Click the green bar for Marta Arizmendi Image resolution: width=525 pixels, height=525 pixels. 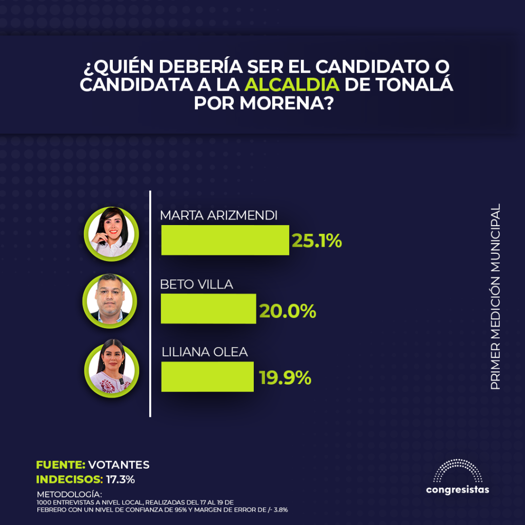(x=225, y=240)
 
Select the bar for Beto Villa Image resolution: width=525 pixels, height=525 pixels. (x=208, y=309)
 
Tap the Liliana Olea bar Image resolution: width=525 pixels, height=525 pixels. (x=207, y=377)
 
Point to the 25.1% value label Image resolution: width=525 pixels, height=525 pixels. (x=316, y=240)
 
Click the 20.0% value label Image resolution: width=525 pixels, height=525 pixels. (x=287, y=310)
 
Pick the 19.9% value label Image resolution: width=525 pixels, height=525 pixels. (x=285, y=378)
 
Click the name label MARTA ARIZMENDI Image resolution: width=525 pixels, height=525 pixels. (x=219, y=216)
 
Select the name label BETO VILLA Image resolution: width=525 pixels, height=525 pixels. (x=197, y=285)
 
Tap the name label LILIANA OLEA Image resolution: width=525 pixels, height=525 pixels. (x=205, y=352)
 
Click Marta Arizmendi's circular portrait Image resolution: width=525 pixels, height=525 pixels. (x=111, y=233)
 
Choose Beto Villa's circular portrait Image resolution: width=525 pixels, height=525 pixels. (x=111, y=301)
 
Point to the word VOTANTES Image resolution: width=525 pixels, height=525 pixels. (x=119, y=465)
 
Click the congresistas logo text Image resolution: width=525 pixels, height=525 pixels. (x=457, y=490)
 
